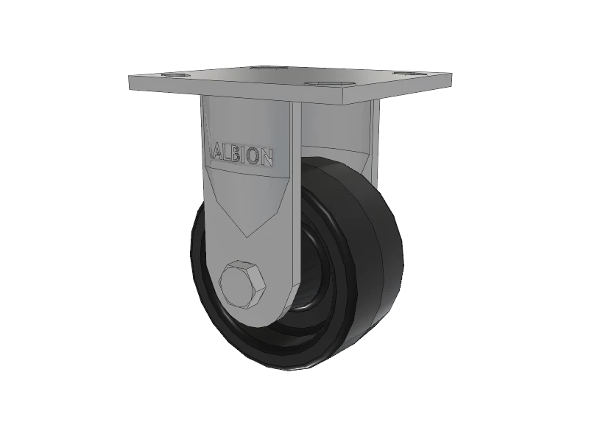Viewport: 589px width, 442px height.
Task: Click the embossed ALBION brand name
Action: pyautogui.click(x=244, y=155)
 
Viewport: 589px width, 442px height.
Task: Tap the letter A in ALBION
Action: pyautogui.click(x=219, y=153)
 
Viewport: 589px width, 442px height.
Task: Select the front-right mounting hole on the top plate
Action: pyautogui.click(x=322, y=85)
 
